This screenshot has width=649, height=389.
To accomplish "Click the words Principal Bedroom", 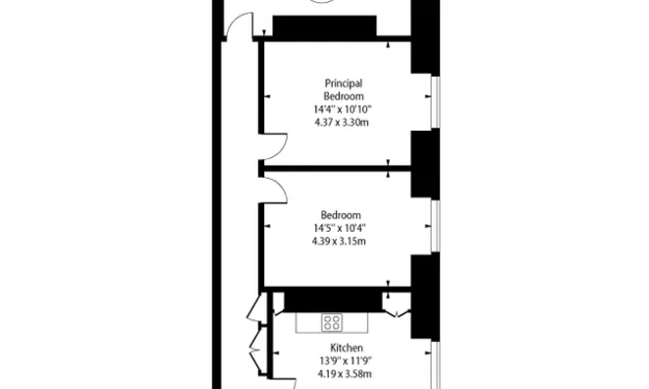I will click(x=345, y=90).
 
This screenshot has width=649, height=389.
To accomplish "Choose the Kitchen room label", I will click(x=346, y=349).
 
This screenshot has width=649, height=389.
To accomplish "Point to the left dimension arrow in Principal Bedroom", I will click(x=267, y=96).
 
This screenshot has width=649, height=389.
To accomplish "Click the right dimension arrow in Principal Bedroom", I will click(x=428, y=96).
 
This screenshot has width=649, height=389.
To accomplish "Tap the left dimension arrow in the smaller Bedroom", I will click(x=267, y=226).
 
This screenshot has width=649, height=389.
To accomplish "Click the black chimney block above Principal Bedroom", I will click(x=324, y=28).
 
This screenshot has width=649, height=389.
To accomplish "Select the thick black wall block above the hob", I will click(x=329, y=299).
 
